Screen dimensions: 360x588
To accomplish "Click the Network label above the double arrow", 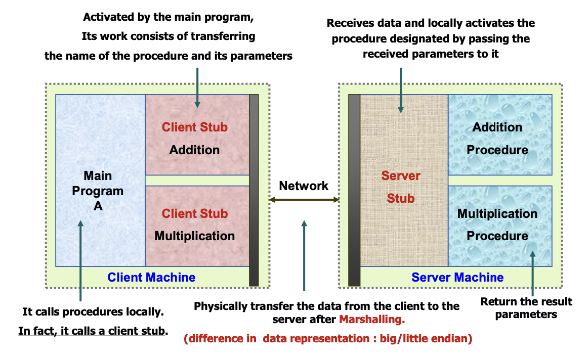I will tap(304, 186).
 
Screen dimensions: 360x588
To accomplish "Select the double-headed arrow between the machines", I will tap(304, 200).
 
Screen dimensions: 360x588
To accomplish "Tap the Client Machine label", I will tap(151, 277).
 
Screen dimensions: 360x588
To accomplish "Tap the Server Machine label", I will tap(457, 277).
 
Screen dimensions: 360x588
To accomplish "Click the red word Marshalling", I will tap(372, 320).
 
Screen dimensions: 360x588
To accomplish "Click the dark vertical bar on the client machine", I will tap(254, 190).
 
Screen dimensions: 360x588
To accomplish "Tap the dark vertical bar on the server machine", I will tap(354, 190).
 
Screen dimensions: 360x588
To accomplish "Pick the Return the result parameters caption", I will tap(526, 308).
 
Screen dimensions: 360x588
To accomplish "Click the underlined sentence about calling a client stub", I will tap(93, 331).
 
